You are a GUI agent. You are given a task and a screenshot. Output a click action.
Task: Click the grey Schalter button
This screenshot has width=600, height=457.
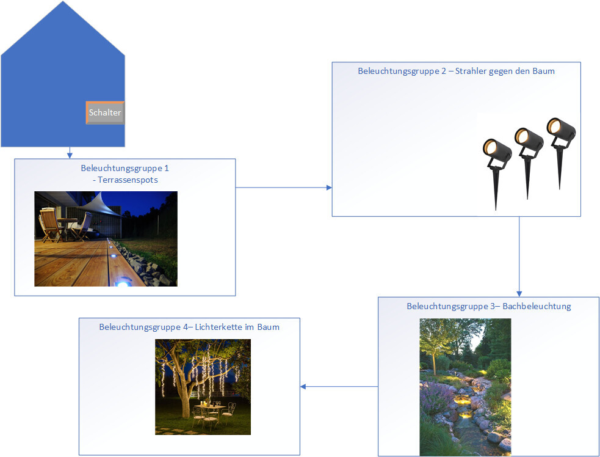coord(105,113)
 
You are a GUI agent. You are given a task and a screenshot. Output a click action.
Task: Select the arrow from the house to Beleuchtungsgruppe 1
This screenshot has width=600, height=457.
coord(70,153)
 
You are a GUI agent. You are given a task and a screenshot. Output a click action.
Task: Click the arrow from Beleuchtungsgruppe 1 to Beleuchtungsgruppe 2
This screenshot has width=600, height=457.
coord(283,188)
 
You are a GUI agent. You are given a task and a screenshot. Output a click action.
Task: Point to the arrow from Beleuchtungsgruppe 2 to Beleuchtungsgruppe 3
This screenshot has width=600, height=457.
coord(519,257)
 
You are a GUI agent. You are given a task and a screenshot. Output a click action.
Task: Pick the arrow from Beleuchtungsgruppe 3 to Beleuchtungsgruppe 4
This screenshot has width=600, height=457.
coord(339,386)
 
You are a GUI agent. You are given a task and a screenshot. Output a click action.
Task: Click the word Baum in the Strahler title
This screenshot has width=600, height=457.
coord(544,71)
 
